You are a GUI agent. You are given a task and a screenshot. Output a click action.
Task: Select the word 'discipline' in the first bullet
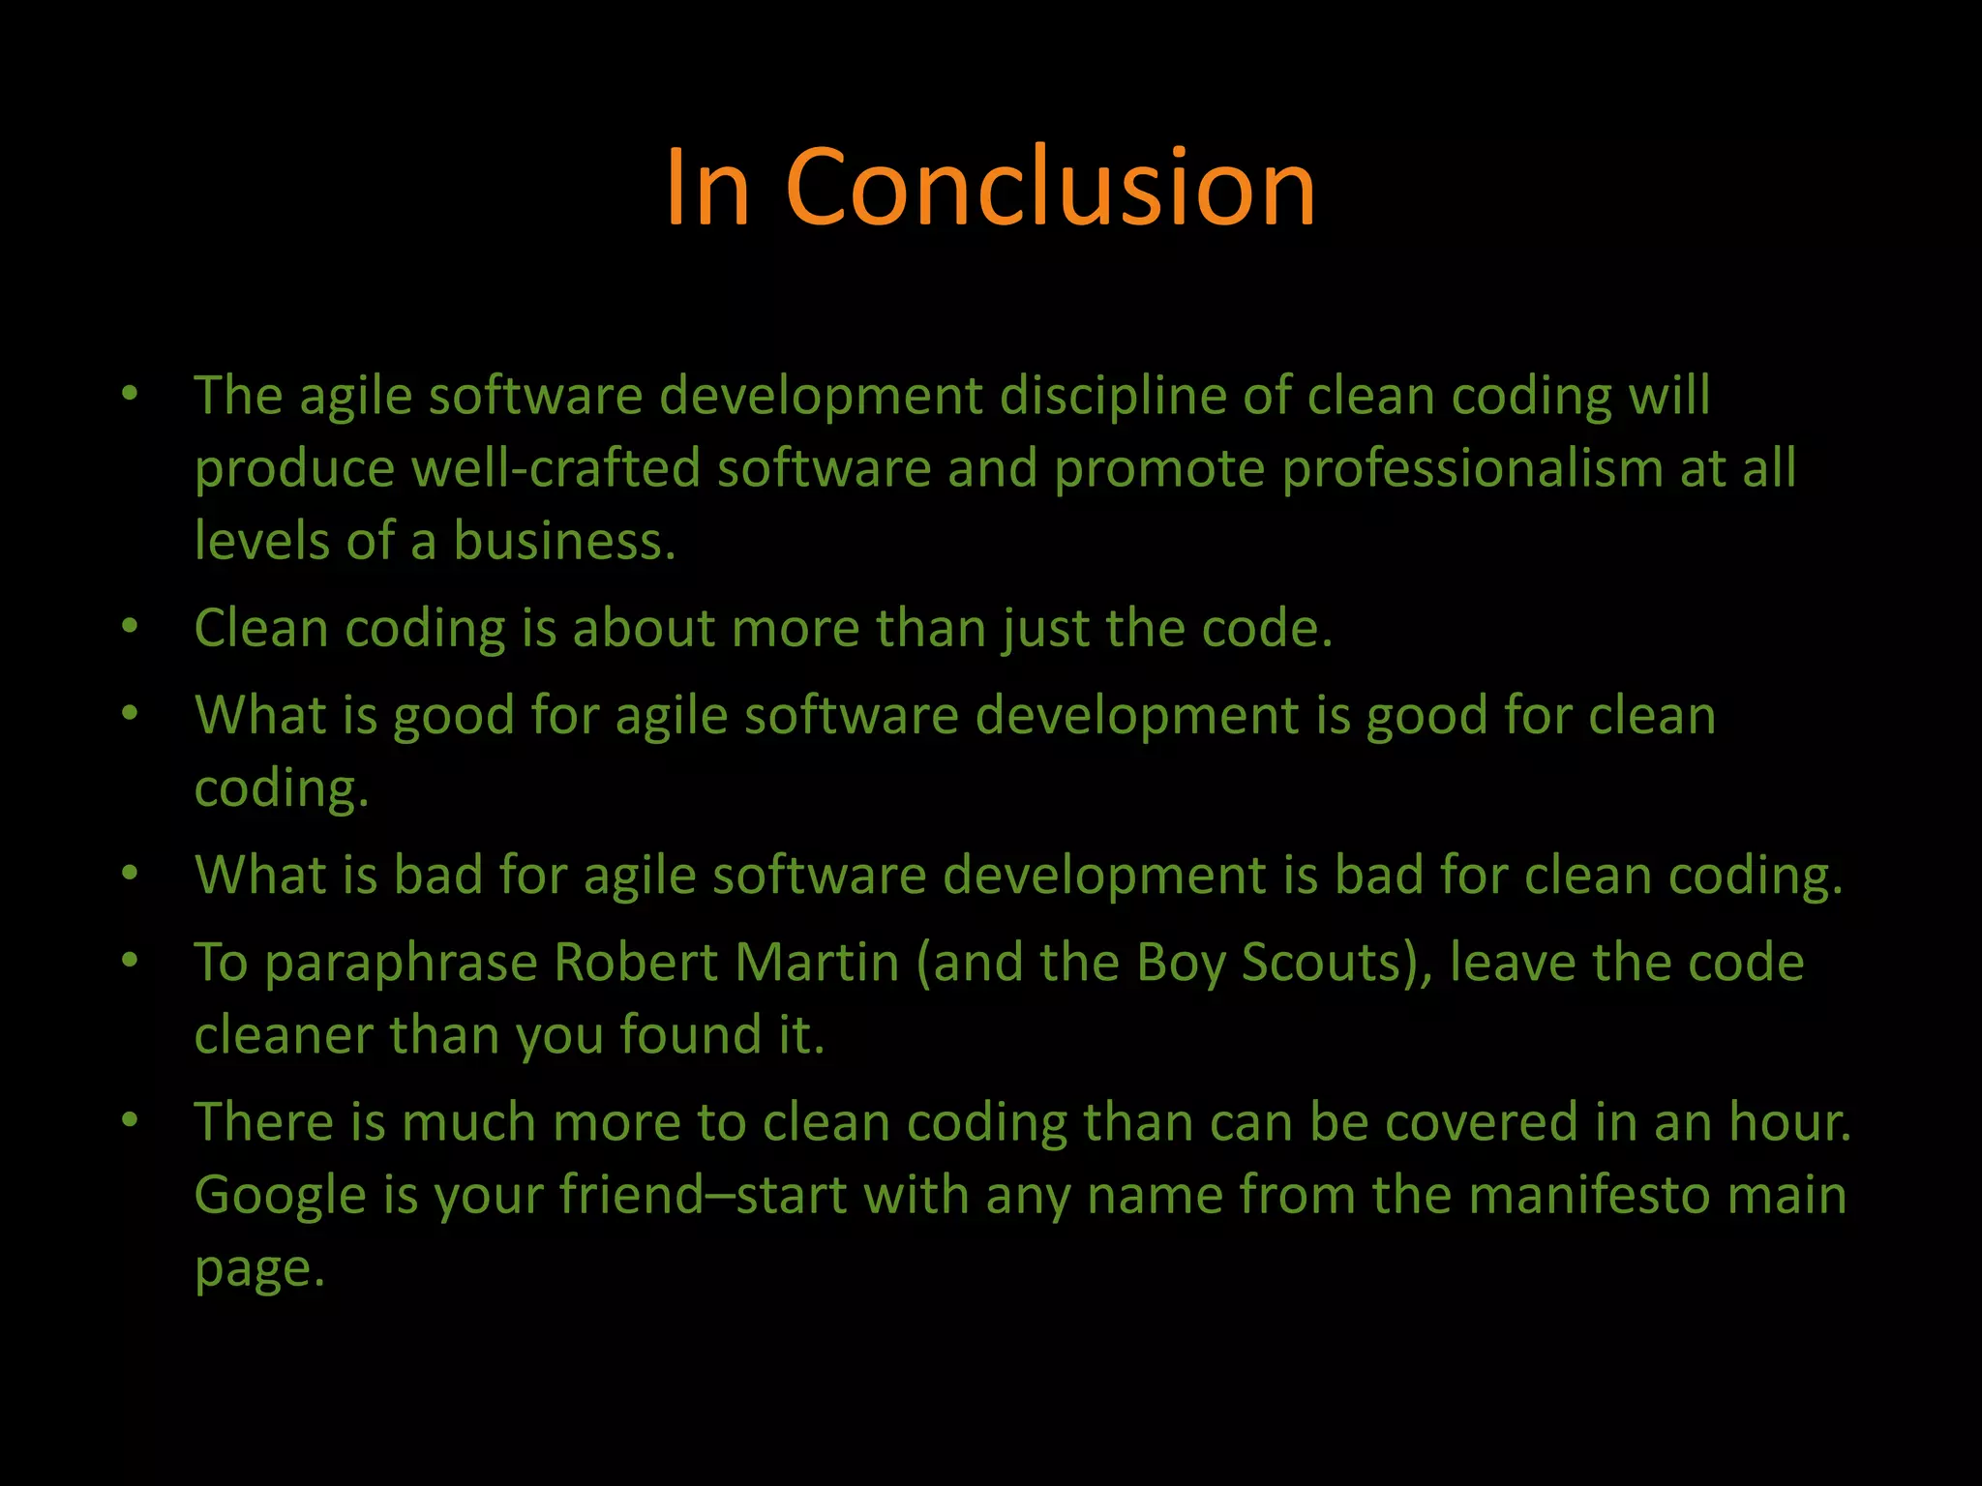[x=1112, y=397]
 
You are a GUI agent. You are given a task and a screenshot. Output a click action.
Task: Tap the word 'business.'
[x=564, y=541]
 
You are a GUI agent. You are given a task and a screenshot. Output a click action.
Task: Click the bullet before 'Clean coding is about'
[x=130, y=626]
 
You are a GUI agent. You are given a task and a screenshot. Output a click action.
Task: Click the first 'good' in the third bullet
[x=453, y=717]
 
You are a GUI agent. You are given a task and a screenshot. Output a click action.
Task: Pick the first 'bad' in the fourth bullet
[x=437, y=876]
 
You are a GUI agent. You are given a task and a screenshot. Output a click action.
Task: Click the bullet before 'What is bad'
[x=130, y=873]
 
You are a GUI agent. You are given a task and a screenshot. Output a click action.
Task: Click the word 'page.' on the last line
[x=258, y=1269]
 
